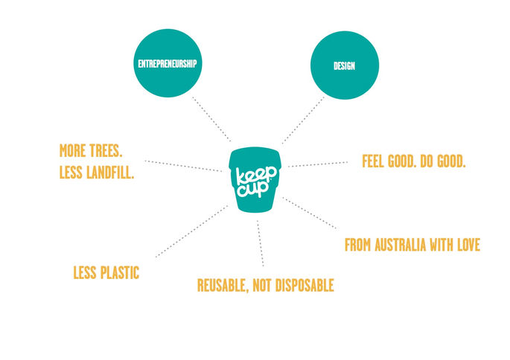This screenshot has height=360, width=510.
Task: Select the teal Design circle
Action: (x=344, y=65)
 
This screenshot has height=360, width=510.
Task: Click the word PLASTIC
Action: (x=120, y=272)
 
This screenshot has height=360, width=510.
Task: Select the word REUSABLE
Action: (x=223, y=285)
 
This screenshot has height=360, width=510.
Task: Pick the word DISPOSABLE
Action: (x=302, y=285)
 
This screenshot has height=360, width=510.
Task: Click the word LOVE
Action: (x=466, y=245)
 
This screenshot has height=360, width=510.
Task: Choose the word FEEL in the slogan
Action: (x=373, y=161)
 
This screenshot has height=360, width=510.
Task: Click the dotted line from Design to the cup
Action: (x=304, y=119)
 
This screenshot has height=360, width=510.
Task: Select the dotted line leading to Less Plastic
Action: (x=191, y=231)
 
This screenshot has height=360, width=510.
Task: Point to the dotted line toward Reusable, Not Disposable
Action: (x=261, y=242)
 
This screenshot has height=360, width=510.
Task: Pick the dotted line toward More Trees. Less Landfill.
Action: (x=182, y=165)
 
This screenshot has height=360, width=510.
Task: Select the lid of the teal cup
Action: (x=258, y=152)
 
